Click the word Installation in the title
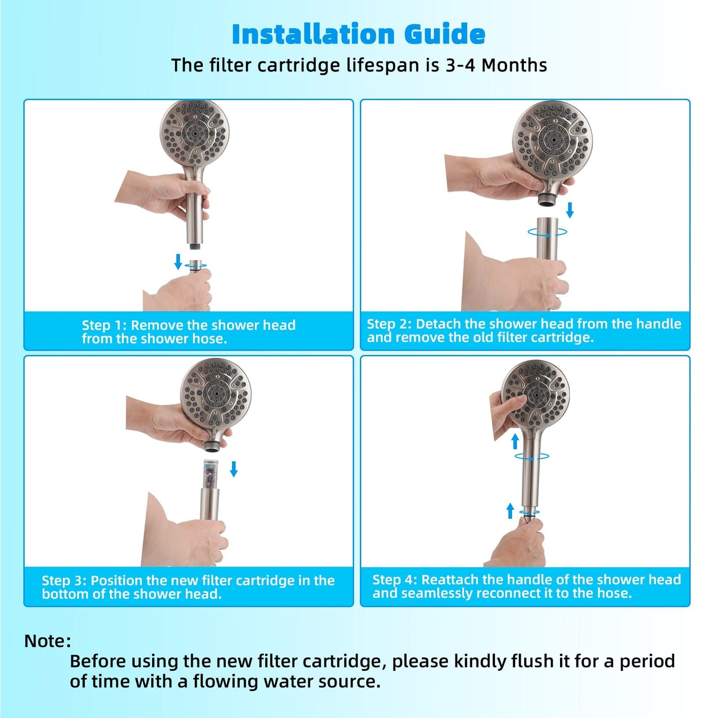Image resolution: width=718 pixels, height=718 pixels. [x=313, y=34]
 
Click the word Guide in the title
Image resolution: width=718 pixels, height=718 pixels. [x=445, y=34]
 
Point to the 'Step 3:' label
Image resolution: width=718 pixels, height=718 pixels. [x=64, y=580]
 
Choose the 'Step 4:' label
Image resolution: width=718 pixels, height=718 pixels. [x=395, y=580]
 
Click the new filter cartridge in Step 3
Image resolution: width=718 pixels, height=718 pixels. [x=211, y=475]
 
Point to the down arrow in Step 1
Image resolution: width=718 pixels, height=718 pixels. [x=178, y=261]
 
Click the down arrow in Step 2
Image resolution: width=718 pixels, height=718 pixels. [x=570, y=210]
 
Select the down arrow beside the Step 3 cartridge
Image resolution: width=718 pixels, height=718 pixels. [x=234, y=469]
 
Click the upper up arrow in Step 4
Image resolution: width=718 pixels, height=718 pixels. [x=515, y=441]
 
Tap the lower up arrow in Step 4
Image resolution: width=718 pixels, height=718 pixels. [x=510, y=510]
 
